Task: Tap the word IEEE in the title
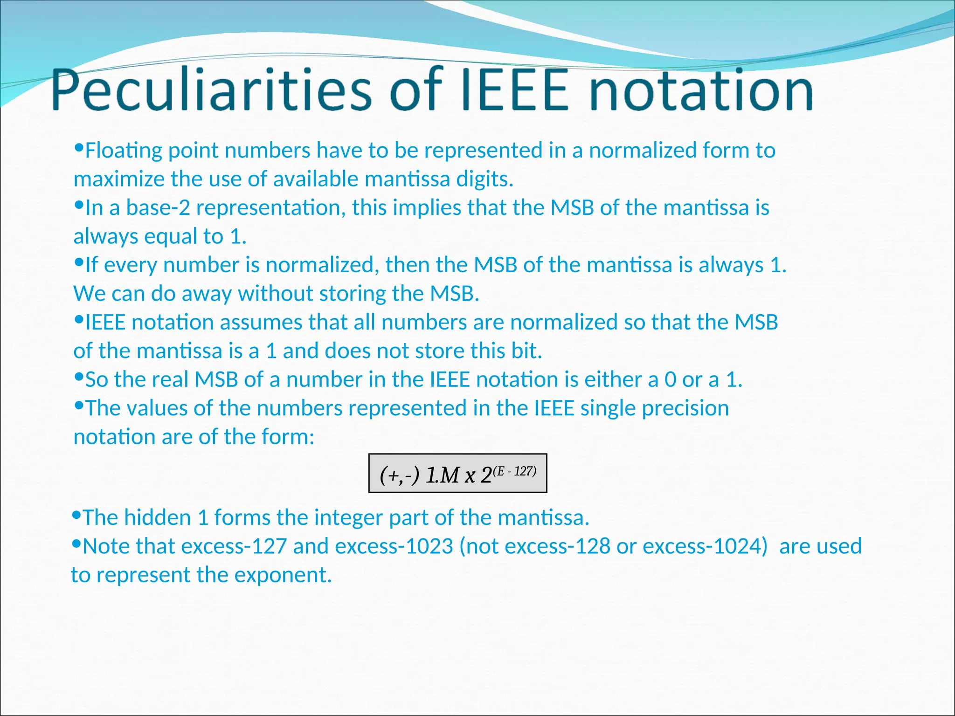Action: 514,89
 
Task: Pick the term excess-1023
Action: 394,546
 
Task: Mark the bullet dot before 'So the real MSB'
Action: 78,376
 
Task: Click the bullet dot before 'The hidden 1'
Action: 76,514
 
